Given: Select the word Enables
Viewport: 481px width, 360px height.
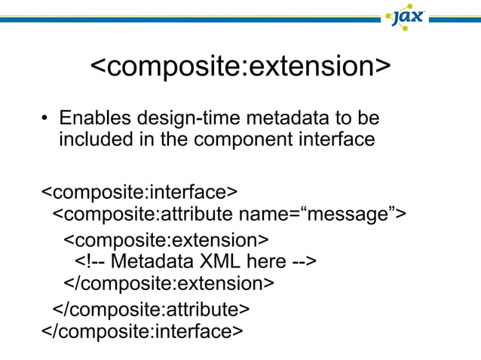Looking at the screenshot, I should point(94,119).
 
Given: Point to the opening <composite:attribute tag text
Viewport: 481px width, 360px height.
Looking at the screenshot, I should point(143,215).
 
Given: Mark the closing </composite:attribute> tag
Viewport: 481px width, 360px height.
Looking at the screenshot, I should point(150,309).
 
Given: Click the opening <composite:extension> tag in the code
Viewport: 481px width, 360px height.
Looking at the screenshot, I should point(165,240).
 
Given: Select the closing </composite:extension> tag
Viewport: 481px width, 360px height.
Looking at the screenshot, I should point(168,284).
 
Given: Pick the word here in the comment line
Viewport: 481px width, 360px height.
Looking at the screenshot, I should point(268,262).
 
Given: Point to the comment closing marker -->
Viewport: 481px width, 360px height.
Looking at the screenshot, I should point(303,262).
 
